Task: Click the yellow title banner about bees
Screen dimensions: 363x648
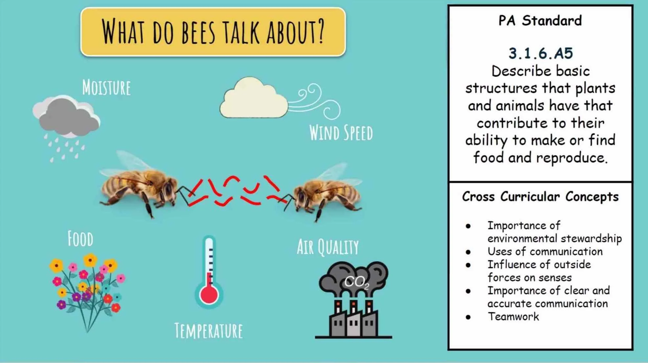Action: [x=213, y=32]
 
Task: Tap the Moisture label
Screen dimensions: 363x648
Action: [x=106, y=88]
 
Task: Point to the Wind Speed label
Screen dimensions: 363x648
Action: [x=341, y=133]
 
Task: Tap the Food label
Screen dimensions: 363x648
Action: [x=80, y=239]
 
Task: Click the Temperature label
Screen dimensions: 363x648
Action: [x=208, y=331]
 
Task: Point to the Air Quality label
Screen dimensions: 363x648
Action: [x=328, y=247]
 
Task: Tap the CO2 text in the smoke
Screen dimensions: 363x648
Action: [x=357, y=282]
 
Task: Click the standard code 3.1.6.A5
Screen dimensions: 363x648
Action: [x=541, y=53]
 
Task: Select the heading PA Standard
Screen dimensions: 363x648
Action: [x=540, y=20]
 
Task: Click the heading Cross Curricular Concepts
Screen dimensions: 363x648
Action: [x=540, y=196]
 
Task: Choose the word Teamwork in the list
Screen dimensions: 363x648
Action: [x=513, y=317]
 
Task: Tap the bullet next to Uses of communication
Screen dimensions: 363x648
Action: [x=468, y=252]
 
